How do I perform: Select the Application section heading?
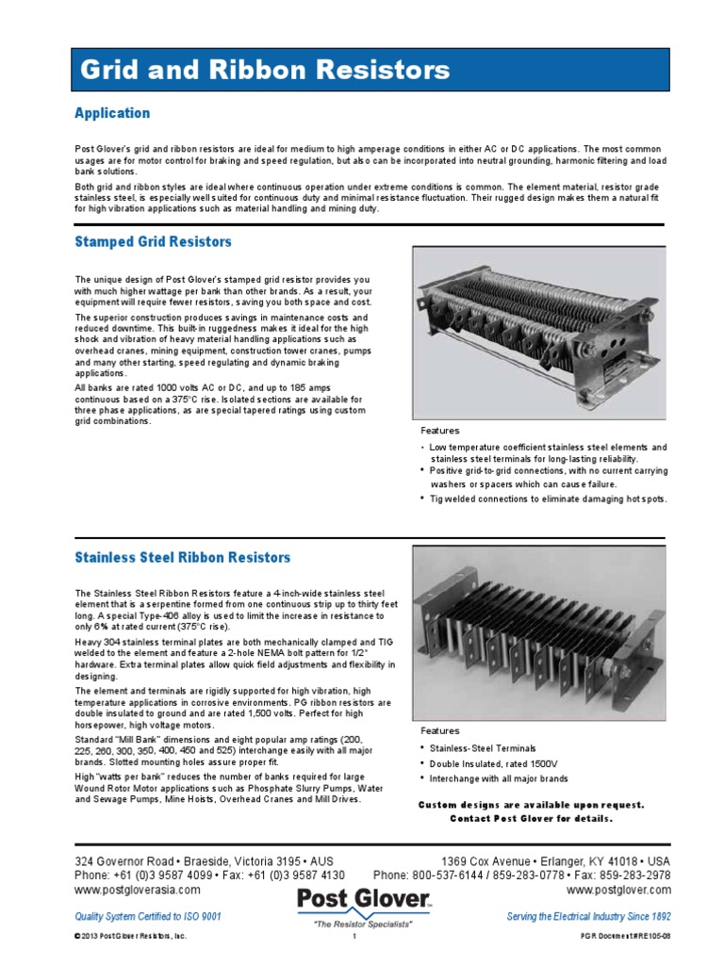coord(112,113)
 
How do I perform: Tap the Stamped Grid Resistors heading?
coord(153,242)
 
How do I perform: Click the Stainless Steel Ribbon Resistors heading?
coord(182,558)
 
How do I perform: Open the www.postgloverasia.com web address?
coord(138,889)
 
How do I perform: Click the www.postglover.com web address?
coord(618,889)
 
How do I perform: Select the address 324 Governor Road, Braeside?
coord(204,861)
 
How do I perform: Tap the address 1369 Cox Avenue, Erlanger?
coord(556,861)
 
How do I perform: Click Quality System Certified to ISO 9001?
coord(148,916)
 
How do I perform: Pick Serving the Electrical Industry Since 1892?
coord(588,916)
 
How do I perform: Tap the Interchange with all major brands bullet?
coord(499,778)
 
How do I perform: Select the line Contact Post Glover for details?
coord(529,818)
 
